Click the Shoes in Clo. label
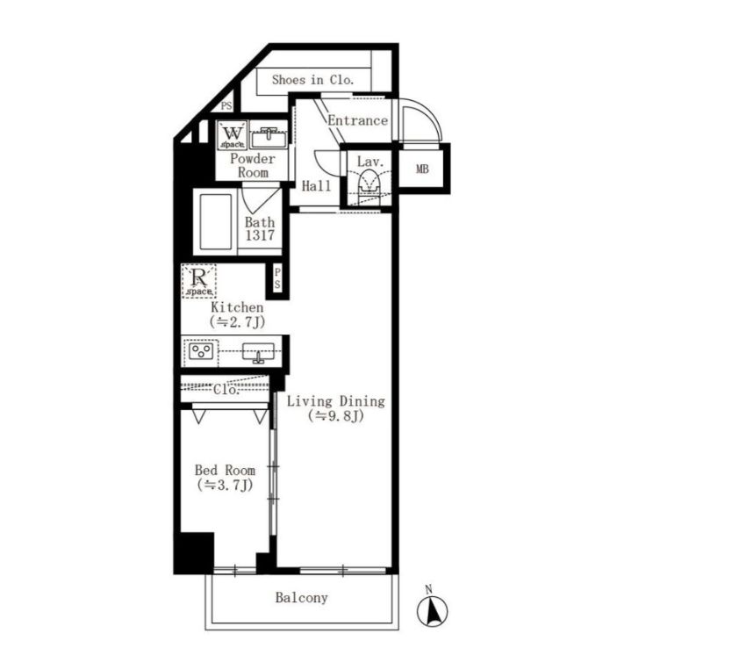point(312,80)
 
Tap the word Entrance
point(357,120)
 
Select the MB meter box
point(422,169)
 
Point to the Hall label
point(316,186)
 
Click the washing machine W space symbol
point(232,135)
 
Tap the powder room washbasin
point(269,135)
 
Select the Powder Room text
point(253,165)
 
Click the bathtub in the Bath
point(216,222)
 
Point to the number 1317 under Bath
point(260,234)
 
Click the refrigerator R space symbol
point(199,281)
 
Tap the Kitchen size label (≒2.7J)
point(238,321)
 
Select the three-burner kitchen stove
point(201,351)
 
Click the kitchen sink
point(258,352)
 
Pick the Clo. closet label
point(226,389)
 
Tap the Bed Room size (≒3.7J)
point(225,485)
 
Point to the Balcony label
point(302,598)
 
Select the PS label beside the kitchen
point(277,277)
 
